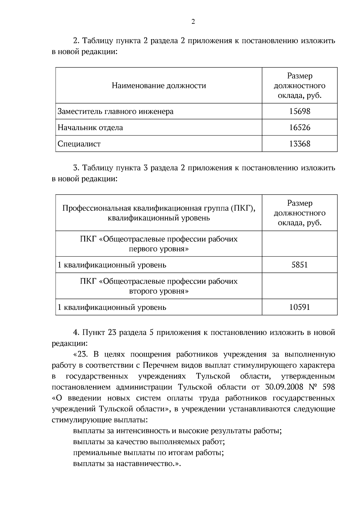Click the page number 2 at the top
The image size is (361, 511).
coord(193,22)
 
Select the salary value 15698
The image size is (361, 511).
coord(300,111)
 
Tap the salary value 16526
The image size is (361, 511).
coord(300,128)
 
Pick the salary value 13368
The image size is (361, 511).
coord(300,144)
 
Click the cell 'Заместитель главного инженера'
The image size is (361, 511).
coord(116,111)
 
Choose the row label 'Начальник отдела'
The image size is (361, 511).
coord(90,128)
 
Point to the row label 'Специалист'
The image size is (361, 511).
coord(79,144)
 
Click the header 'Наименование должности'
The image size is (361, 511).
coord(159,86)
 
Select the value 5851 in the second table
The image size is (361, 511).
coord(300,265)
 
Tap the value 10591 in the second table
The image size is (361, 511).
coord(300,307)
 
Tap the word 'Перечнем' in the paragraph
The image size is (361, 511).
coord(157,366)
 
